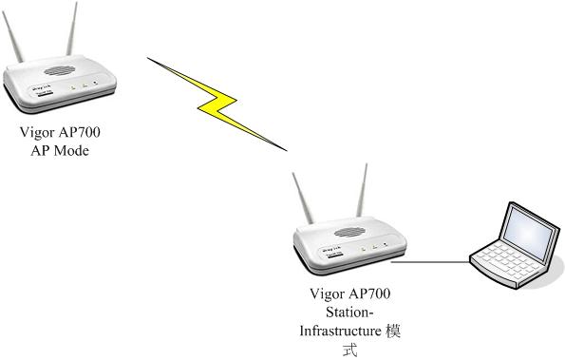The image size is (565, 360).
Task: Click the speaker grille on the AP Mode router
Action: click(x=60, y=72)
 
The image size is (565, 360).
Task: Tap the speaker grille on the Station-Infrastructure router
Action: click(x=353, y=230)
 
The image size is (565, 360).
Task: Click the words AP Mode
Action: click(x=58, y=150)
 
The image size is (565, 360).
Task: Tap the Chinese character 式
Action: click(x=350, y=349)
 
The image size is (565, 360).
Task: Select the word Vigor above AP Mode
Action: click(x=38, y=133)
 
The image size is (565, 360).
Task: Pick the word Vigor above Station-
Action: click(x=330, y=294)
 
